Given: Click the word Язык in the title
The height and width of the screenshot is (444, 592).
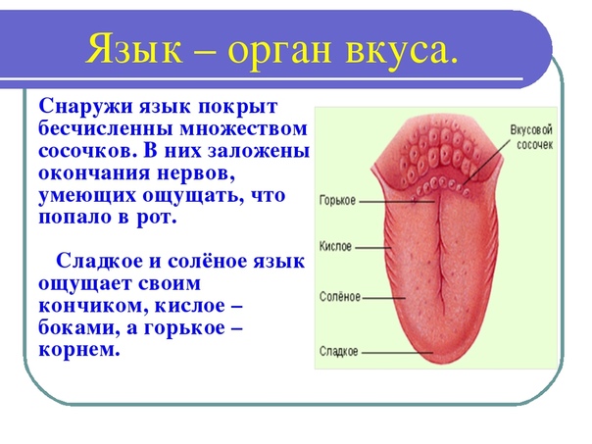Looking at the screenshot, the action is click(x=135, y=49).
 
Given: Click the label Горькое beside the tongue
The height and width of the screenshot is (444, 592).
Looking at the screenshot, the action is click(x=337, y=201).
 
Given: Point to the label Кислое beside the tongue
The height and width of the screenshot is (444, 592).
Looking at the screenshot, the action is click(x=335, y=247).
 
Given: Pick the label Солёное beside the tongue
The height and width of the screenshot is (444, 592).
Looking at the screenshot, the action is click(x=340, y=296).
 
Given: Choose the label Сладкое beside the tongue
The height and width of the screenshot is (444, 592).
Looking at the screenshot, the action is click(x=339, y=351).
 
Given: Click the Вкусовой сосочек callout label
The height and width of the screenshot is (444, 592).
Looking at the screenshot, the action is click(x=532, y=137).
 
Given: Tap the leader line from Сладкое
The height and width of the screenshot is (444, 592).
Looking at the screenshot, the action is click(x=397, y=353).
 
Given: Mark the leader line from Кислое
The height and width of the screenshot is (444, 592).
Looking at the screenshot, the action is click(x=373, y=248).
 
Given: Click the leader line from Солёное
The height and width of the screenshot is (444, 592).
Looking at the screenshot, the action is click(x=383, y=298).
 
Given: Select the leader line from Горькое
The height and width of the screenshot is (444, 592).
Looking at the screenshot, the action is click(x=397, y=202).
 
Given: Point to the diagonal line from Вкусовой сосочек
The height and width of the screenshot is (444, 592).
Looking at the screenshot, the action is click(x=487, y=162).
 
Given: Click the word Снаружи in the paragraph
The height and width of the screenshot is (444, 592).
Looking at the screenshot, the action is click(x=86, y=107).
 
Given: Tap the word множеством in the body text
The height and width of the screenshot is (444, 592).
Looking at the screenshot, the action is click(x=243, y=128).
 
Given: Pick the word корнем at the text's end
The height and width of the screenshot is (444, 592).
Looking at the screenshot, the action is click(x=78, y=349).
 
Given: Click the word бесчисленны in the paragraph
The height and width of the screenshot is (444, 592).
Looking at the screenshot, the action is click(x=106, y=128).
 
